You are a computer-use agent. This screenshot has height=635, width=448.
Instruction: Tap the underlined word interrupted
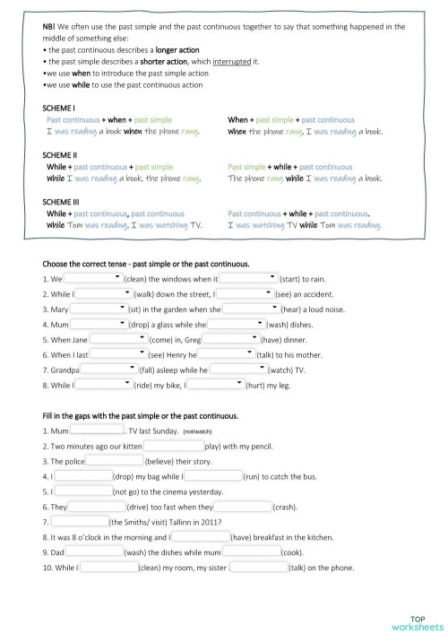click(x=230, y=61)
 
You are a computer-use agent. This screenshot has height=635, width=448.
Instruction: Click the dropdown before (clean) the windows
click(x=92, y=278)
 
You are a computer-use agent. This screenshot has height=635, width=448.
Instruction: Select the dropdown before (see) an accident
click(x=246, y=292)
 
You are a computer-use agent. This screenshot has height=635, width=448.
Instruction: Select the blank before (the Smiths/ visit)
click(x=78, y=521)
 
